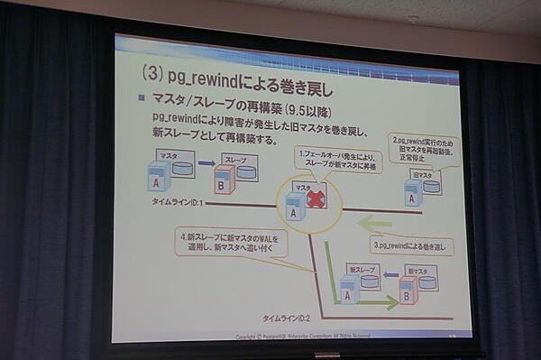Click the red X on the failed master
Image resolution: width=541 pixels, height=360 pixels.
(x=316, y=198)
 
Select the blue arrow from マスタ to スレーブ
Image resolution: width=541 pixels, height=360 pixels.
(x=206, y=164)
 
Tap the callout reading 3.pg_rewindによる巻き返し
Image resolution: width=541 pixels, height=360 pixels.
(x=411, y=245)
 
